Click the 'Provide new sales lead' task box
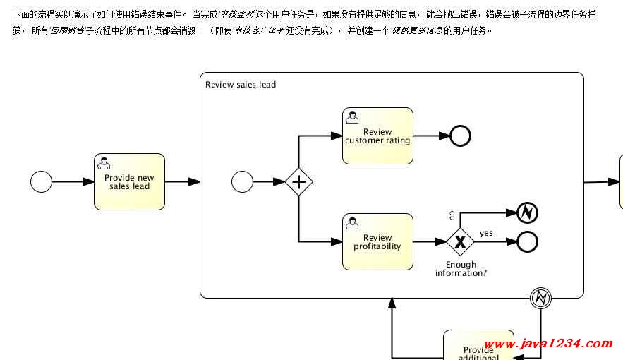[129, 181]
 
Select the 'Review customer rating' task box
[377, 136]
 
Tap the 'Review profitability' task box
[377, 242]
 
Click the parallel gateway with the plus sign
[298, 182]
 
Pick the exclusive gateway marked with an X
[460, 242]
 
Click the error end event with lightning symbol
[527, 212]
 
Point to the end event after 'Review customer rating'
[460, 136]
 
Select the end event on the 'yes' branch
[527, 242]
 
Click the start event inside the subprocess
[242, 182]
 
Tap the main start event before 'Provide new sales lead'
[42, 181]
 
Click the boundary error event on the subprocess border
[541, 299]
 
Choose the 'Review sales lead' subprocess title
[241, 85]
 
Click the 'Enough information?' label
[461, 269]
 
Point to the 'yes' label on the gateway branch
[486, 233]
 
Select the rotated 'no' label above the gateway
[452, 215]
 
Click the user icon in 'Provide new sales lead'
[104, 162]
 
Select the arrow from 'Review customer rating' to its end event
[431, 136]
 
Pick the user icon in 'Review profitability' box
[352, 223]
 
